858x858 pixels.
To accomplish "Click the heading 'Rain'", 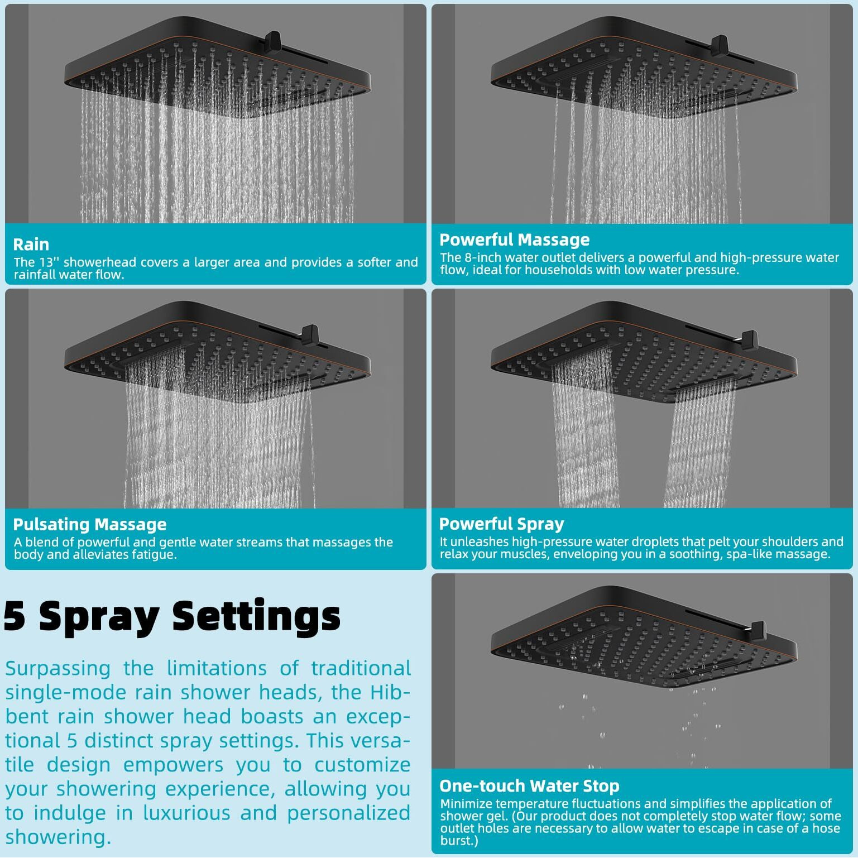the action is [x=31, y=245].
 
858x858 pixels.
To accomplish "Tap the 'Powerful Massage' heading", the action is [x=514, y=239].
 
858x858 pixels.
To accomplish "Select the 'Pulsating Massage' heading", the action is [x=90, y=524].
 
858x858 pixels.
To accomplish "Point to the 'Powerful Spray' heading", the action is [x=501, y=524].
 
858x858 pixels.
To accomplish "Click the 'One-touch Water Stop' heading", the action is [x=529, y=786].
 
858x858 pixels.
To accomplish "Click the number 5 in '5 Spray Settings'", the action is [x=15, y=616].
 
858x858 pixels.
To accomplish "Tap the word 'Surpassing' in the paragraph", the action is [x=58, y=669].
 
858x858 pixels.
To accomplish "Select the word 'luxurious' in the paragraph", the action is [x=186, y=813].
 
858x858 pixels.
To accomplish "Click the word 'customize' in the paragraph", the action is [x=362, y=765].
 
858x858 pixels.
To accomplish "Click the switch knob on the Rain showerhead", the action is [x=272, y=41].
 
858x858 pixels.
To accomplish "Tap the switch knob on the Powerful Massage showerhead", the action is [x=720, y=45].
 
